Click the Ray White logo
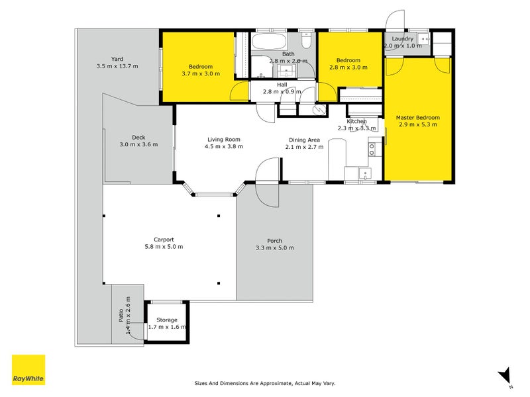click(x=28, y=371)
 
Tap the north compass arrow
click(x=505, y=375)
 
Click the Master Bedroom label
click(x=417, y=118)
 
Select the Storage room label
click(x=167, y=320)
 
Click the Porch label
click(x=274, y=240)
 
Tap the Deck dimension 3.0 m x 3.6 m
click(x=138, y=144)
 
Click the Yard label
click(x=117, y=58)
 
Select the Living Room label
click(x=223, y=140)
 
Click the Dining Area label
click(x=304, y=140)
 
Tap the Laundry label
click(x=402, y=39)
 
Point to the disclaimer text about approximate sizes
click(x=264, y=382)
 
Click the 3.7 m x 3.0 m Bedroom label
click(x=201, y=67)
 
